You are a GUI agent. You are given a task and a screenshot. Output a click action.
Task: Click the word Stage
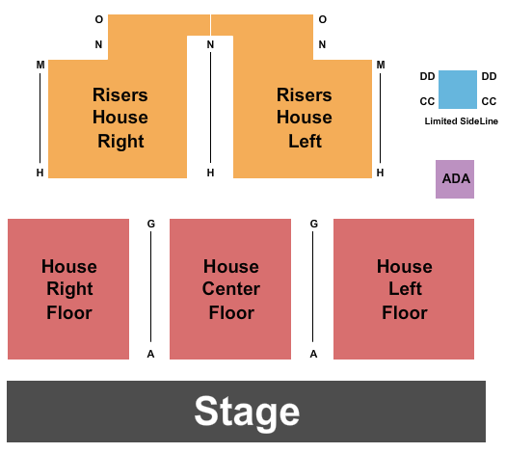click(247, 412)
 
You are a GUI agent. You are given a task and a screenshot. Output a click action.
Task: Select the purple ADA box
click(455, 178)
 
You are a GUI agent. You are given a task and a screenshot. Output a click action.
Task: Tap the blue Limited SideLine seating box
click(458, 89)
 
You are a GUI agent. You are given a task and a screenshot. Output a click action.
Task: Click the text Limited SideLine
click(462, 121)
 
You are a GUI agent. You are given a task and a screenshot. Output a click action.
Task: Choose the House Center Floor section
click(230, 289)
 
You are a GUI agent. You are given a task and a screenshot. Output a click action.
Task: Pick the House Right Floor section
click(68, 289)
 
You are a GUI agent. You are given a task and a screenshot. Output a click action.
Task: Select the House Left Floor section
click(404, 289)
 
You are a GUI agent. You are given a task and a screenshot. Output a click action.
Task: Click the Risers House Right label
click(120, 118)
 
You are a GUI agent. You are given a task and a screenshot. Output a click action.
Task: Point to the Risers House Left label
click(305, 118)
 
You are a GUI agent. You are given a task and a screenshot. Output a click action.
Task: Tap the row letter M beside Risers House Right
click(40, 65)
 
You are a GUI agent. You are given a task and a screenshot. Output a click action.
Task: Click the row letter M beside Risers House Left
click(381, 65)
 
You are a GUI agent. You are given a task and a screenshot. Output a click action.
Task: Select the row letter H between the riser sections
click(210, 173)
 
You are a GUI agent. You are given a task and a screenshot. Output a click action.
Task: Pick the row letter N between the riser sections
click(210, 44)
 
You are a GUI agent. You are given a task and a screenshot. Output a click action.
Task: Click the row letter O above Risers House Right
click(98, 19)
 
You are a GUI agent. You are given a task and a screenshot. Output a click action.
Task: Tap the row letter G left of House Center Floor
click(151, 224)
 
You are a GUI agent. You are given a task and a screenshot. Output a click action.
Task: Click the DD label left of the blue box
click(427, 76)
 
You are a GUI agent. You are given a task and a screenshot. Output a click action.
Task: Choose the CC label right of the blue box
click(489, 101)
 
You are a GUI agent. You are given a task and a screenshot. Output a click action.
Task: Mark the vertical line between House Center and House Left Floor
click(314, 289)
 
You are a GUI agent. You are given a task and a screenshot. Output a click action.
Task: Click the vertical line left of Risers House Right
click(40, 118)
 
